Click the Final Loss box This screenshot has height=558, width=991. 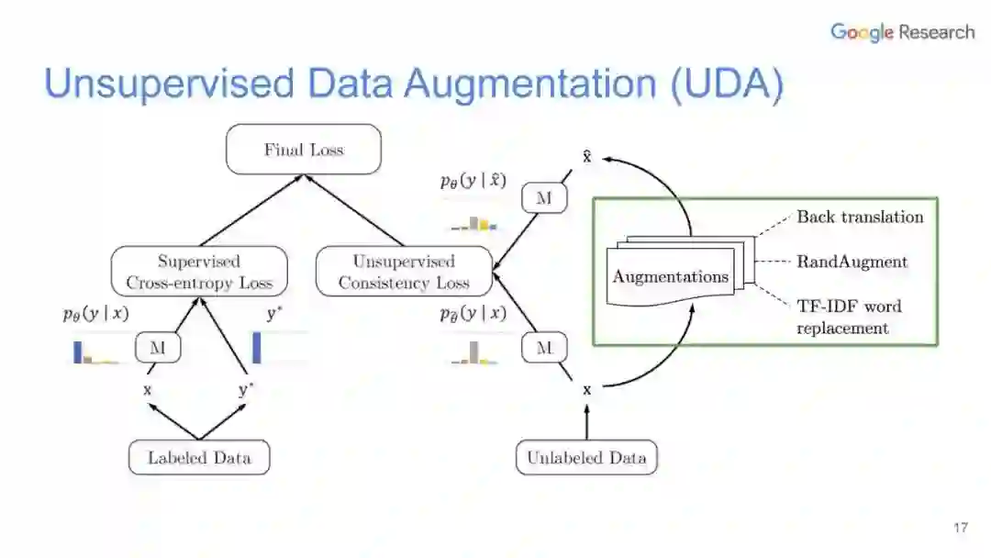pyautogui.click(x=303, y=150)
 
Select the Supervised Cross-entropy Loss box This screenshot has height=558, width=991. pyautogui.click(x=199, y=273)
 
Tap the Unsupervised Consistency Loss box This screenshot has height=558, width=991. pyautogui.click(x=404, y=273)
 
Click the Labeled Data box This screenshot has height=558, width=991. pyautogui.click(x=199, y=458)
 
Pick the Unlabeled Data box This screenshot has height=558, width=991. pyautogui.click(x=586, y=458)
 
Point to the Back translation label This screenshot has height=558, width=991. pyautogui.click(x=860, y=217)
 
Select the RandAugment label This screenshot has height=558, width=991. pyautogui.click(x=852, y=262)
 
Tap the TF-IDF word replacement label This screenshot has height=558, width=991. pyautogui.click(x=849, y=317)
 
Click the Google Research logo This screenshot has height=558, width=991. pyautogui.click(x=902, y=32)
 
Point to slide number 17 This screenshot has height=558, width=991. pyautogui.click(x=961, y=528)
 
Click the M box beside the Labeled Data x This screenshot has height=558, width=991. pyautogui.click(x=157, y=348)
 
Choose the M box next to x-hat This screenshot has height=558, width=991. pyautogui.click(x=545, y=198)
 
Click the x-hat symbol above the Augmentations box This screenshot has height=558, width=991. pyautogui.click(x=587, y=157)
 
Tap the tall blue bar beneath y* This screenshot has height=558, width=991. pyautogui.click(x=257, y=347)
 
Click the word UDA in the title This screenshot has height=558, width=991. pyautogui.click(x=726, y=84)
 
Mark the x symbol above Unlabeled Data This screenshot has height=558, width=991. pyautogui.click(x=587, y=390)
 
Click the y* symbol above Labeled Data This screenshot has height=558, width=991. pyautogui.click(x=245, y=390)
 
